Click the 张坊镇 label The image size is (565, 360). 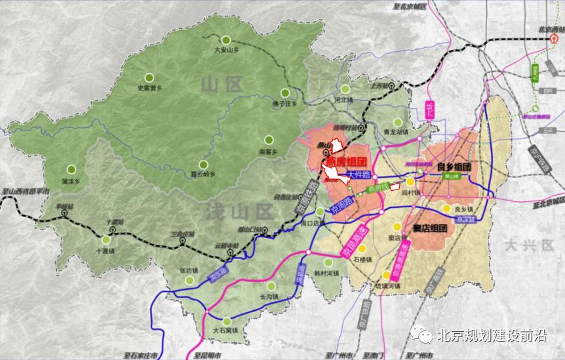point(188,270)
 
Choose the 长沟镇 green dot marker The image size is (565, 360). point(271,286)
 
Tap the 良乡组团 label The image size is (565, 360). point(454,167)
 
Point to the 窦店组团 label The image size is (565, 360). point(430,229)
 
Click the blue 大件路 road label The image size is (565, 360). point(359,175)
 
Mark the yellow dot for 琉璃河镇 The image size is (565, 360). point(386,275)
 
